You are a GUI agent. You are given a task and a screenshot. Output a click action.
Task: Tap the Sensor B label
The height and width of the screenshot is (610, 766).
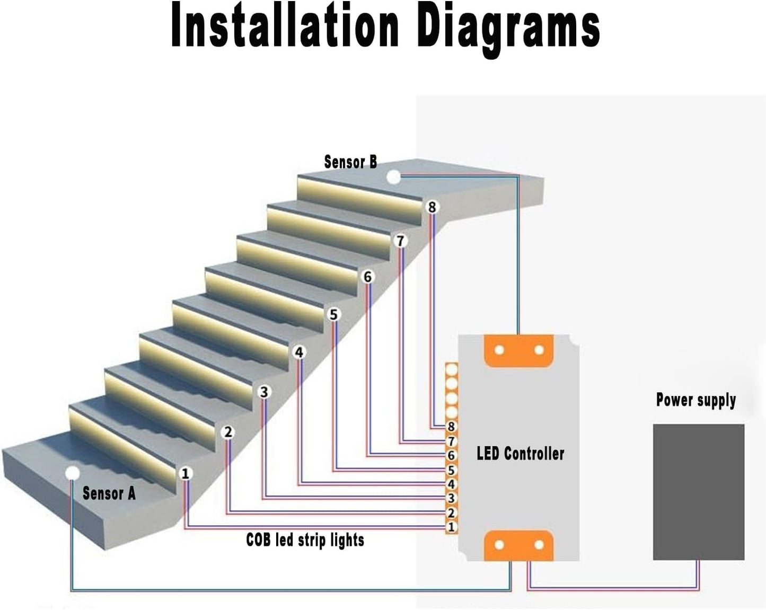point(350,162)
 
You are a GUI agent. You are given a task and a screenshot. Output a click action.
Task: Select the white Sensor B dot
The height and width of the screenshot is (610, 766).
point(393,178)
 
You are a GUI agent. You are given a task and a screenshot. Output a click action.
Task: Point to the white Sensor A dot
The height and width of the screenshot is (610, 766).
point(72,473)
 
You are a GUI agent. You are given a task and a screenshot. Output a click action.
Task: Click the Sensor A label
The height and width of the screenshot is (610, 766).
point(109,493)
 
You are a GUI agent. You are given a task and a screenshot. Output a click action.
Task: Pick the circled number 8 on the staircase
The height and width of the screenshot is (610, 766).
point(432,207)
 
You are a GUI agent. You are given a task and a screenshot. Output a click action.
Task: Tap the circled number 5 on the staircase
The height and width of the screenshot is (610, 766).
point(333,314)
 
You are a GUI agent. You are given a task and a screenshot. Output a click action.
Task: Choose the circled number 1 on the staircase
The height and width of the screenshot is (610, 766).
point(185,473)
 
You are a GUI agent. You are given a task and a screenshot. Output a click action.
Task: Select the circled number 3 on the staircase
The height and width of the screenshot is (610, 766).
point(264,392)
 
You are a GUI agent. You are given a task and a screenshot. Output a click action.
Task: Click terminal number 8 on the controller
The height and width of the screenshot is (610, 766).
point(451,427)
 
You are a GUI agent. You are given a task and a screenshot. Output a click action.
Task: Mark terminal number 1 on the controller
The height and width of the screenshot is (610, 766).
point(451,527)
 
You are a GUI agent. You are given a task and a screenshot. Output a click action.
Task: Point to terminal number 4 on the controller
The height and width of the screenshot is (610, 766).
point(451,484)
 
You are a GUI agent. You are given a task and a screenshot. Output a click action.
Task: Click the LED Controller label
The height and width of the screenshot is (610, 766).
point(520,453)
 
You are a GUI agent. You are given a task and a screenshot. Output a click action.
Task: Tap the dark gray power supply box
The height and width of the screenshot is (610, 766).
point(698,491)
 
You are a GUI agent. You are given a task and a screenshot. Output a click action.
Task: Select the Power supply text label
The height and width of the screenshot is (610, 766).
point(695,400)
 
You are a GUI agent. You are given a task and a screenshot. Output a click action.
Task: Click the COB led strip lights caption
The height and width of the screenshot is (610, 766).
point(305,540)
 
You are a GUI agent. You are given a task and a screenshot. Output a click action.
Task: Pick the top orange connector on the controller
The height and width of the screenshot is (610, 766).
point(518,350)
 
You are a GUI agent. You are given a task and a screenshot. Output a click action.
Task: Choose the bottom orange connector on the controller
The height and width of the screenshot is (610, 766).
point(518,545)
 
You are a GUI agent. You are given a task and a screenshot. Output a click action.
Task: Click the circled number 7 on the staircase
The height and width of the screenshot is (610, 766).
point(400,241)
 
